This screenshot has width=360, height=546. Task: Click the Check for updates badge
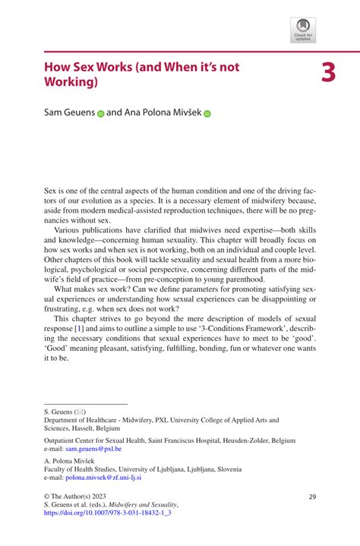click(304, 30)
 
